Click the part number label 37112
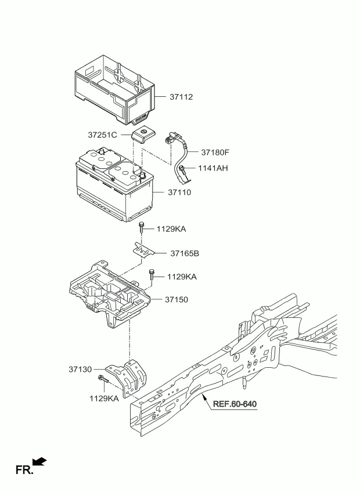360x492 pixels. pyautogui.click(x=181, y=97)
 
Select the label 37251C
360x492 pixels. pyautogui.click(x=102, y=135)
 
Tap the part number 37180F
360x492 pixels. pyautogui.click(x=215, y=153)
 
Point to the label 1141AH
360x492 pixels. pyautogui.click(x=213, y=168)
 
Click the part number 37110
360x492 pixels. pyautogui.click(x=179, y=193)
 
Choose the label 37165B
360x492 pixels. pyautogui.click(x=185, y=253)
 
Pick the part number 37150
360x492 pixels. pyautogui.click(x=177, y=299)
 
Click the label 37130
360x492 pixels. pyautogui.click(x=80, y=370)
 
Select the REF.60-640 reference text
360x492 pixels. pyautogui.click(x=235, y=404)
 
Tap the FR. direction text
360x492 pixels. pyautogui.click(x=24, y=470)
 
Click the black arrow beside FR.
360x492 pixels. pyautogui.click(x=39, y=462)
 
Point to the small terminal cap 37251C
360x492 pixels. pyautogui.click(x=144, y=135)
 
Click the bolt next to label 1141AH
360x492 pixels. pyautogui.click(x=182, y=171)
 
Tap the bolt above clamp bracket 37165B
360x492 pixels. pyautogui.click(x=142, y=227)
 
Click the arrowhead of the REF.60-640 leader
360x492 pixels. pyautogui.click(x=204, y=396)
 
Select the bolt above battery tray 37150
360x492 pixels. pyautogui.click(x=152, y=274)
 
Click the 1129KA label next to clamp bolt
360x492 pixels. pyautogui.click(x=171, y=229)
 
